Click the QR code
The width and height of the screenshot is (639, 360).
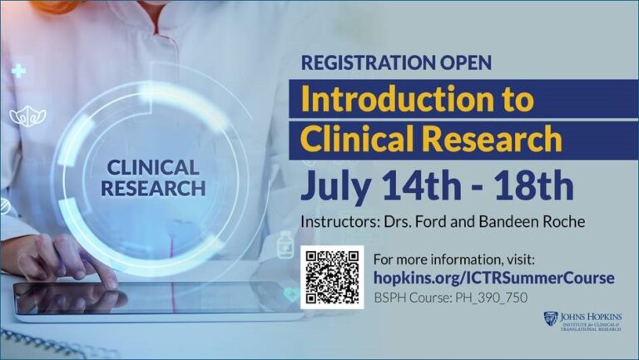tap(332, 277)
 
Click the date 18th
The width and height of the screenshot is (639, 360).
tap(534, 185)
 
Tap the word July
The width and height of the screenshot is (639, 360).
tap(336, 187)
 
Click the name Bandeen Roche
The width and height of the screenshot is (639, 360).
tap(532, 221)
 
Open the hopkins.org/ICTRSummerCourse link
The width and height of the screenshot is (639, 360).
tap(494, 278)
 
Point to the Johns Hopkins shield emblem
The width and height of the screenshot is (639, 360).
tap(551, 319)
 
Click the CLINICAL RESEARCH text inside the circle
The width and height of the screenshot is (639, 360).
tap(153, 178)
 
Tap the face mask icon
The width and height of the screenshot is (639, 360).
tap(27, 117)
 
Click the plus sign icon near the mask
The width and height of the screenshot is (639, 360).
tap(18, 71)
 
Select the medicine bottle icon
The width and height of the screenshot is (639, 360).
tap(285, 244)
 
